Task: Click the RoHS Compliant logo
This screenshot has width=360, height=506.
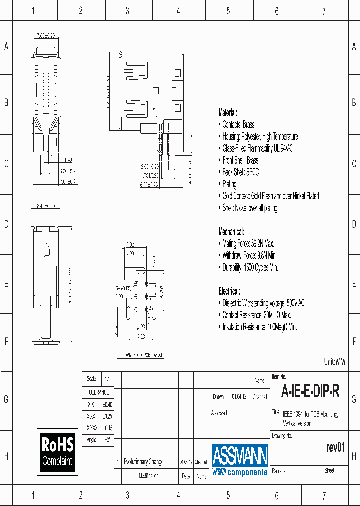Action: click(58, 451)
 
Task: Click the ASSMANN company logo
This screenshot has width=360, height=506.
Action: click(240, 459)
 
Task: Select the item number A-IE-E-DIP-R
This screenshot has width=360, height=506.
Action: click(310, 392)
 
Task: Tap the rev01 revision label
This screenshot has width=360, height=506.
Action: click(335, 447)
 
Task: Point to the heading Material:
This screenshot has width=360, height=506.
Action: click(228, 112)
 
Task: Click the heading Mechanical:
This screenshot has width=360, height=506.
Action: click(231, 231)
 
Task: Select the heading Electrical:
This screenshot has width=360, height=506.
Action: click(229, 291)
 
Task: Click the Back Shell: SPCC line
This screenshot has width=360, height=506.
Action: click(240, 172)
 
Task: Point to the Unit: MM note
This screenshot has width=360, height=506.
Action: click(335, 361)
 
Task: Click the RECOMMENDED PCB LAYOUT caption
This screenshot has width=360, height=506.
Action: click(141, 355)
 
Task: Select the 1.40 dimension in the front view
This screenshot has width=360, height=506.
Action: click(68, 160)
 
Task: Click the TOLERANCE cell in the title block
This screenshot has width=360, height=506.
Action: click(98, 392)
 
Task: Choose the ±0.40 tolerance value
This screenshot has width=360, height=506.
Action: click(107, 404)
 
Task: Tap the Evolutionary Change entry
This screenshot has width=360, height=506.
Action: click(143, 462)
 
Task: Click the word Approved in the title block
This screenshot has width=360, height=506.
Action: click(219, 413)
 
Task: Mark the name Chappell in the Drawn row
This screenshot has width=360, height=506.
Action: click(260, 397)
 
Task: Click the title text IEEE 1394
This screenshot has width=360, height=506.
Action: click(293, 414)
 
